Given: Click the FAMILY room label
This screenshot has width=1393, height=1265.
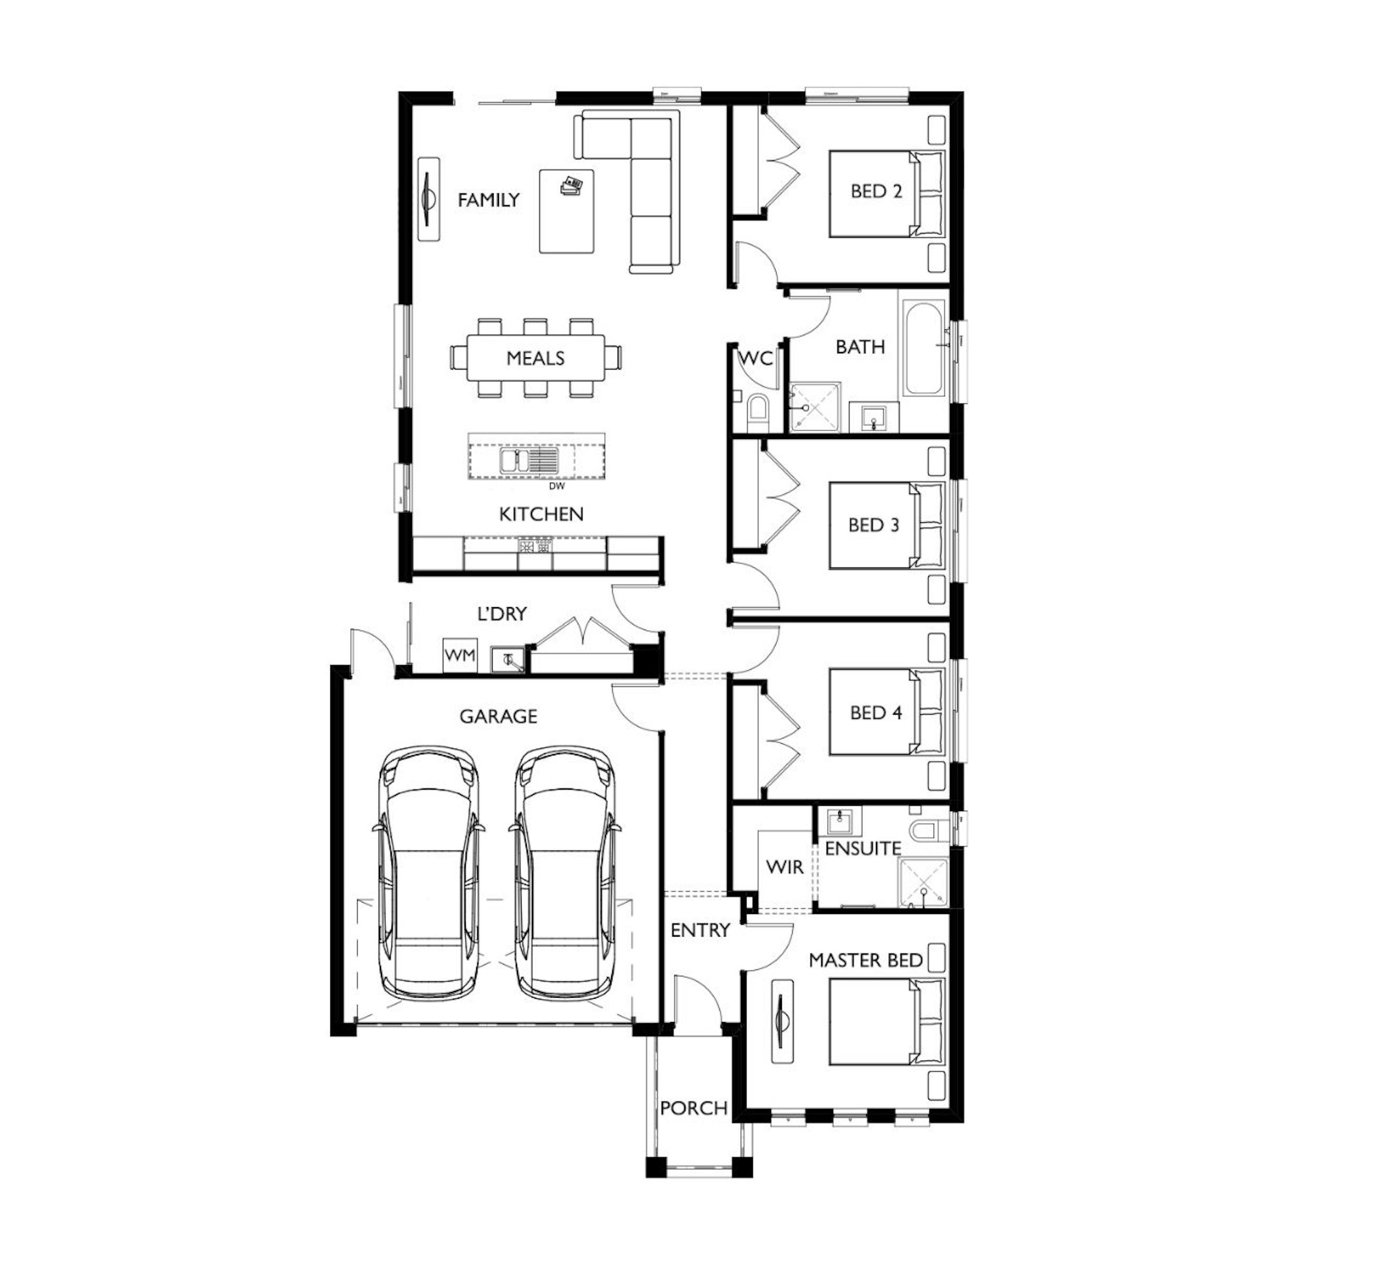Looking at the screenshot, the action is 488,200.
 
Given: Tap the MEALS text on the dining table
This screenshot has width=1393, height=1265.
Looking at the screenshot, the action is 535,358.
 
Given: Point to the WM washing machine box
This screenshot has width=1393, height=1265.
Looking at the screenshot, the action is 459,655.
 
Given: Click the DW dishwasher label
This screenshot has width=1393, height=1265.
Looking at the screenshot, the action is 557,486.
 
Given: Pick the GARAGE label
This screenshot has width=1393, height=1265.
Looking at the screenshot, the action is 498,716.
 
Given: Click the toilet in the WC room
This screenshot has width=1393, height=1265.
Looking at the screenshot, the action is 757,409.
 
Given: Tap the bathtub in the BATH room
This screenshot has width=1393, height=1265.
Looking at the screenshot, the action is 924,348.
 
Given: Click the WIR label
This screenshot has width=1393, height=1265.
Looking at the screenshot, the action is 785,867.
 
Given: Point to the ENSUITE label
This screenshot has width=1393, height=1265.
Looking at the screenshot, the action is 863,849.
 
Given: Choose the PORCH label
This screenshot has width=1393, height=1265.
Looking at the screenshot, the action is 694,1108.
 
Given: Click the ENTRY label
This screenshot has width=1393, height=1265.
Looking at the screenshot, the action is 700,930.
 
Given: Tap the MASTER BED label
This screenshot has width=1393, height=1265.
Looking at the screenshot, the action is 866,960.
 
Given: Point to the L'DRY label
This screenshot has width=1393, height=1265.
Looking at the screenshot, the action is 502,614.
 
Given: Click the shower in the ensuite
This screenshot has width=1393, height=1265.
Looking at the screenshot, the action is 924,884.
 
